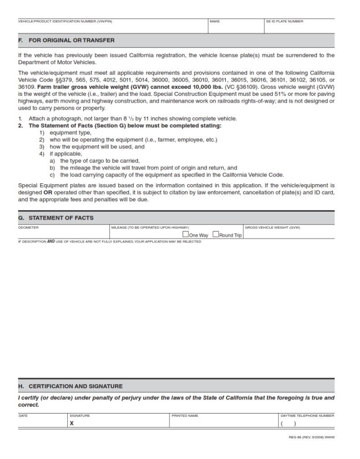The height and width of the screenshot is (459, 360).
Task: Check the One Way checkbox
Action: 185,234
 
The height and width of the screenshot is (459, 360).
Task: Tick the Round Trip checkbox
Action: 216,234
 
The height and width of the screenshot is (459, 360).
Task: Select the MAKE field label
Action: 215,22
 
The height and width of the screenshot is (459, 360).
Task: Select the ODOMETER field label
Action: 28,228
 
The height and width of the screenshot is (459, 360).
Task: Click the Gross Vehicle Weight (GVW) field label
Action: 272,228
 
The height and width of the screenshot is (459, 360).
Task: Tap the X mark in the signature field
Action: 72,423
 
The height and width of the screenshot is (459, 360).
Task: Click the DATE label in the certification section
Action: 23,416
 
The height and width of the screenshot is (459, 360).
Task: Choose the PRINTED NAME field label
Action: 185,416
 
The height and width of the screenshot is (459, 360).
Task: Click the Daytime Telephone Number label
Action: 307,416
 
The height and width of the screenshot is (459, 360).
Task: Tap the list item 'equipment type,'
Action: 70,133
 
